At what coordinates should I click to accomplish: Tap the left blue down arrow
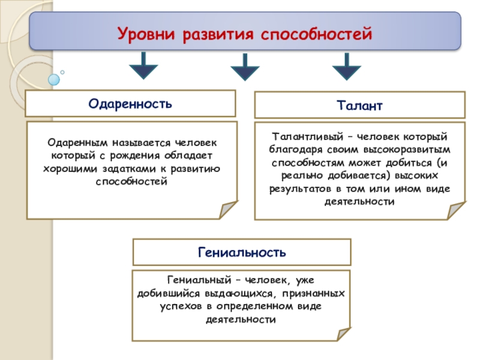[x=143, y=66]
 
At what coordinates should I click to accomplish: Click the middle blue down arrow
[x=245, y=67]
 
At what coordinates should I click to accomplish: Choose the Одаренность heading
[x=130, y=103]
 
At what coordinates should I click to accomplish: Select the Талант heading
[x=360, y=105]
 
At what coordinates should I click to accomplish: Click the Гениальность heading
[x=242, y=252]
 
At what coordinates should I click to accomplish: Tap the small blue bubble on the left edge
[x=55, y=79]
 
